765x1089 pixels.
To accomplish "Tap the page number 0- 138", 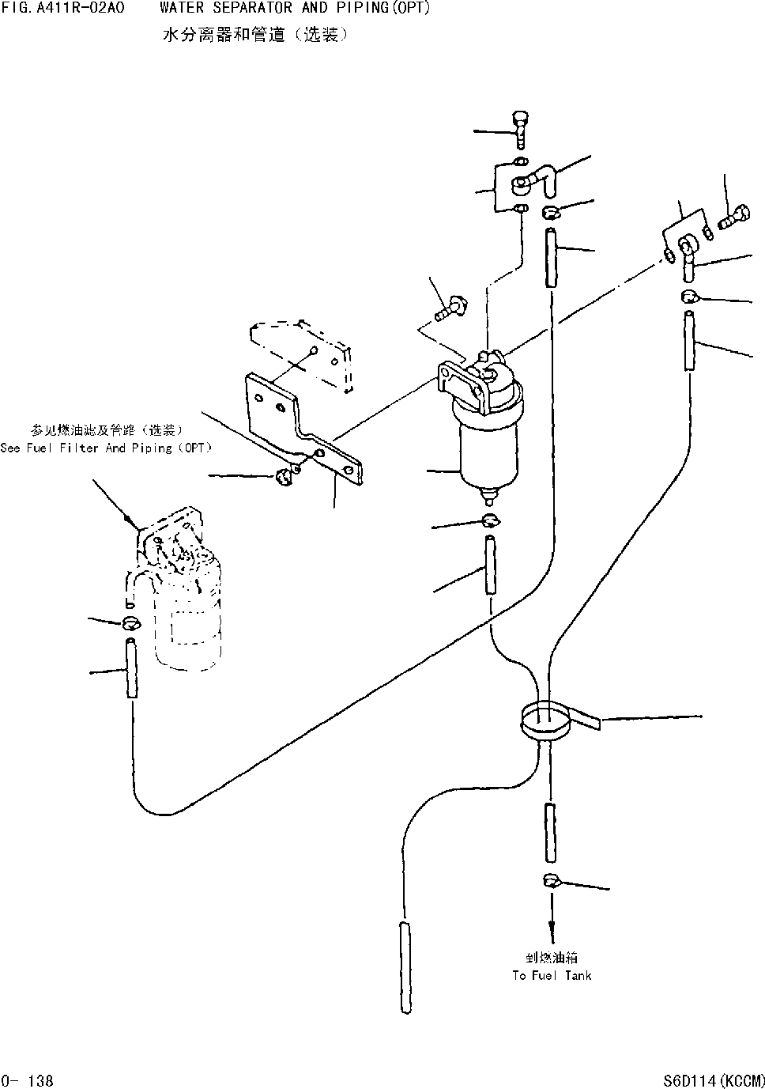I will [28, 1080].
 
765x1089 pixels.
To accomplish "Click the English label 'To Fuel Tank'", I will [552, 976].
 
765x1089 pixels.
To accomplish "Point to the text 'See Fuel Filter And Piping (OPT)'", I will [107, 448].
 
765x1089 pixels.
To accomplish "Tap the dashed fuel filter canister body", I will [190, 617].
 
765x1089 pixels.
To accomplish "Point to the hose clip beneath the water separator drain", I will [490, 520].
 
